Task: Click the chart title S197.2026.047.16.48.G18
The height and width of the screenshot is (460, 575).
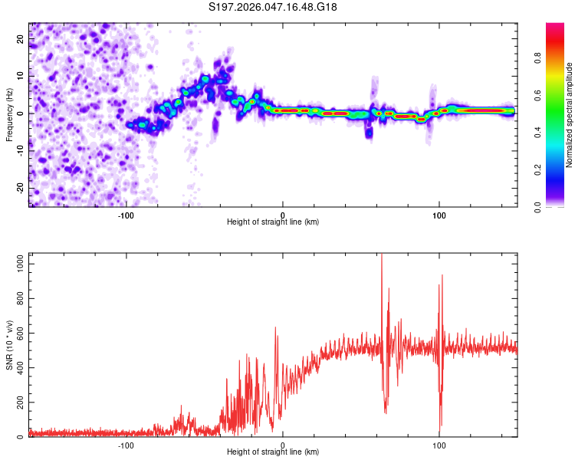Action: point(274,8)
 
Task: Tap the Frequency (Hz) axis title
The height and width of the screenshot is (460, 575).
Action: point(8,115)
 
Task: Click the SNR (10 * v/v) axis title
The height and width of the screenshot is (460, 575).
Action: point(10,344)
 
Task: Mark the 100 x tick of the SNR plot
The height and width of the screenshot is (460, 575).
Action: point(439,445)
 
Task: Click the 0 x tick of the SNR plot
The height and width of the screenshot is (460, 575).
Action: point(283,445)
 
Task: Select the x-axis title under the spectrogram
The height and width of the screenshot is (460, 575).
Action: point(273,222)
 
